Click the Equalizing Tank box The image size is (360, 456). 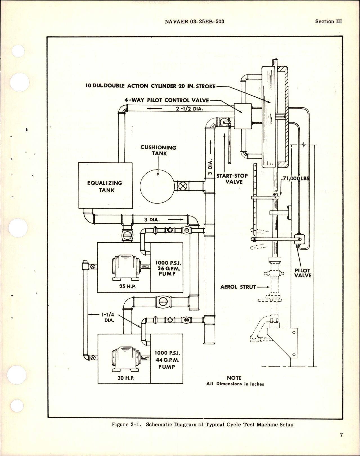pos(105,186)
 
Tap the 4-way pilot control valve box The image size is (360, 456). pos(242,116)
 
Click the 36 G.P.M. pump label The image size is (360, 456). pos(167,268)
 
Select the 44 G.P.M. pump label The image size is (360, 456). pos(167,360)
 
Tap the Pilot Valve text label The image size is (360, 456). pos(303,273)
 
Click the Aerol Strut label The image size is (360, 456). pos(238,287)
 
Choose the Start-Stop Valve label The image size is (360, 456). pos(232,179)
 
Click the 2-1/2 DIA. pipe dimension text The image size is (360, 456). pos(190,109)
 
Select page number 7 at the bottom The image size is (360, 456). pos(341,443)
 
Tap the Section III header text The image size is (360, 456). pos(328,21)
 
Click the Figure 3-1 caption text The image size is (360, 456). pos(202,424)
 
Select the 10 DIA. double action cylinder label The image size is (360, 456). pos(150,86)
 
